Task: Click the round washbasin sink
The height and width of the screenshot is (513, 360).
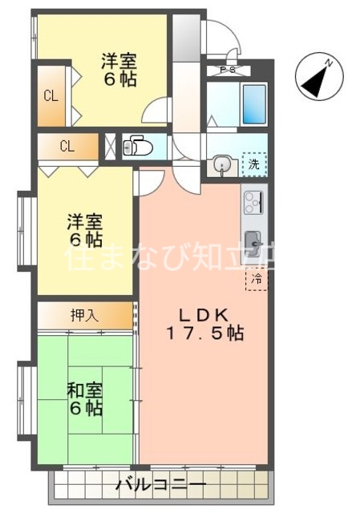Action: (221, 166)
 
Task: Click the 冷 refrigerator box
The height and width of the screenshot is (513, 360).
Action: (257, 279)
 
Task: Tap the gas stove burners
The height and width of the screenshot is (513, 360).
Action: (254, 201)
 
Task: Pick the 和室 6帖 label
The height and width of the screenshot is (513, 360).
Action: (84, 400)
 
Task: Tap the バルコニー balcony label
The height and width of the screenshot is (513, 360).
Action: (160, 486)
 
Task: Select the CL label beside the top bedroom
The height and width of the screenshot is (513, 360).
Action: (51, 98)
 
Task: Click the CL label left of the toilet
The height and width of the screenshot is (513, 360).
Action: (67, 147)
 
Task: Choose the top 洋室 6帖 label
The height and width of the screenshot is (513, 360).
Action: (118, 70)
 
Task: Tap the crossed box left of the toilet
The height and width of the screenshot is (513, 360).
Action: (111, 147)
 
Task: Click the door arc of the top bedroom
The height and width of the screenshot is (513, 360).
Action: (158, 110)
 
